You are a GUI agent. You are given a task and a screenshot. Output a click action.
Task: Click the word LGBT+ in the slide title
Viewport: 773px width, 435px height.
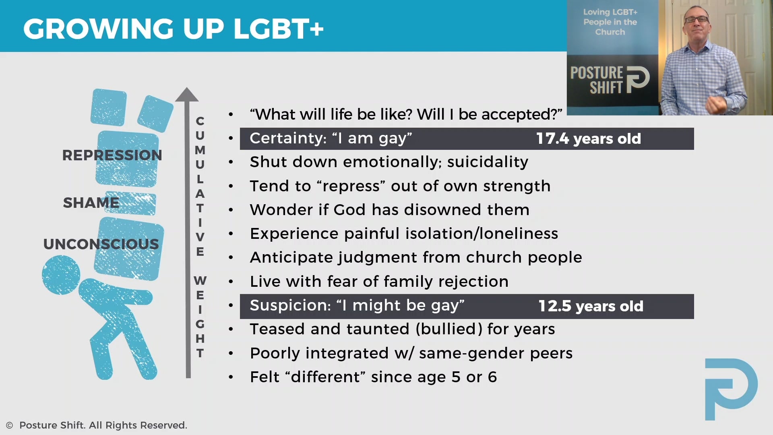pyautogui.click(x=278, y=29)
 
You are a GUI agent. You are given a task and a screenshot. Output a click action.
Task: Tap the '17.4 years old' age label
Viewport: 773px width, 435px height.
pyautogui.click(x=588, y=139)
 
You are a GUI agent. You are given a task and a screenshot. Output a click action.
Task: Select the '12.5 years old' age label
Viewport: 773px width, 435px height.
pyautogui.click(x=591, y=307)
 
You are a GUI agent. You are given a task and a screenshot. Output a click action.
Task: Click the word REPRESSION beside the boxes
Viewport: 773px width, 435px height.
pyautogui.click(x=112, y=155)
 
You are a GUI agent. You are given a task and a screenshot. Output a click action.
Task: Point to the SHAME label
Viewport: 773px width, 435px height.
pyautogui.click(x=91, y=203)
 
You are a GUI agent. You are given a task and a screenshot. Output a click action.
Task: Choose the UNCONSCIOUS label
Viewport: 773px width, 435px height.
pyautogui.click(x=101, y=244)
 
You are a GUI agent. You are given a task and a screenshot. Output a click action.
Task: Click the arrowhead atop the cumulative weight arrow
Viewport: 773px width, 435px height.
pyautogui.click(x=187, y=95)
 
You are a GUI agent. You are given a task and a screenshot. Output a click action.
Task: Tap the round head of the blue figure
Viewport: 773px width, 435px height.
pyautogui.click(x=61, y=275)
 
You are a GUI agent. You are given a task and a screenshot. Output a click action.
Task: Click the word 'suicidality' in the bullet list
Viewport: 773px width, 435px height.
pyautogui.click(x=488, y=162)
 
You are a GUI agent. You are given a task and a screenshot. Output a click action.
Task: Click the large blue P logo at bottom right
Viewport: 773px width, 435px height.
pyautogui.click(x=731, y=388)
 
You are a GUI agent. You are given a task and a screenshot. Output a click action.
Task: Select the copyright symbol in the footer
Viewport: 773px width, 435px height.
pyautogui.click(x=10, y=425)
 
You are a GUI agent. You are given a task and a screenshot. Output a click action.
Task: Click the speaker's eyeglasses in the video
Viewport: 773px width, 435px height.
pyautogui.click(x=696, y=19)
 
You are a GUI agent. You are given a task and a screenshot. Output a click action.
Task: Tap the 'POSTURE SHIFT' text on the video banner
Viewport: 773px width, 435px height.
pyautogui.click(x=597, y=80)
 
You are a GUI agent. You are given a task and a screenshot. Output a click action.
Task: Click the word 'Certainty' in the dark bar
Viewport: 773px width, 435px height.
pyautogui.click(x=287, y=139)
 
